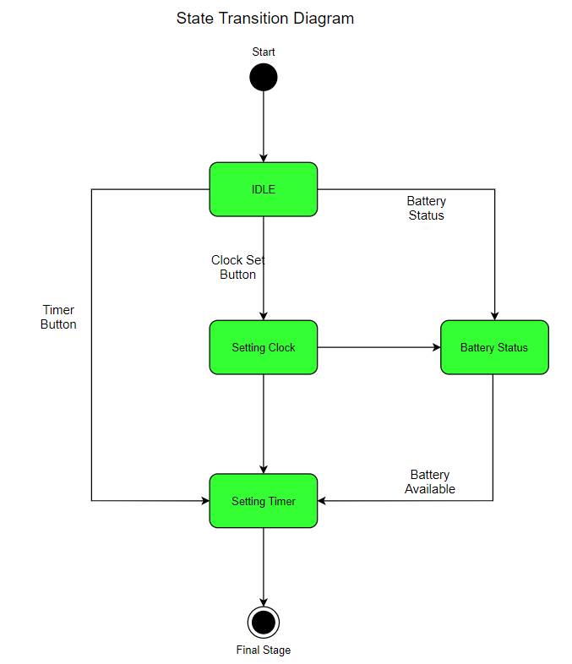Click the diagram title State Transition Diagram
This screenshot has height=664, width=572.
click(264, 19)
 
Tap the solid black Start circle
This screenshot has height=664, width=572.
click(264, 78)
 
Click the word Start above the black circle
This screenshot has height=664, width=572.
click(264, 52)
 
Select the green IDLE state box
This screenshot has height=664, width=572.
click(264, 189)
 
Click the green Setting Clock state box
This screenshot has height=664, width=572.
click(264, 347)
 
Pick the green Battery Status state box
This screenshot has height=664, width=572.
click(494, 347)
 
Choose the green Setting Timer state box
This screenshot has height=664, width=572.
click(264, 501)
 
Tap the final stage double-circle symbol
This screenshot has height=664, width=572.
click(264, 623)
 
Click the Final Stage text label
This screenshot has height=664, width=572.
click(264, 650)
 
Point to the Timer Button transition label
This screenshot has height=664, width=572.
click(58, 317)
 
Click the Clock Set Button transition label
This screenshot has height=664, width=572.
click(238, 267)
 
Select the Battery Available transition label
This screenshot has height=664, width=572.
click(430, 482)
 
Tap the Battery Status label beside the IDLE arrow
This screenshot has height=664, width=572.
click(427, 208)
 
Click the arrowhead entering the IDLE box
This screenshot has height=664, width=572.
click(264, 157)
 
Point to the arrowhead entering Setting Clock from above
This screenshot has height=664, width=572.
click(264, 315)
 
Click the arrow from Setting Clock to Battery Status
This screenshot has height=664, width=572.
click(379, 347)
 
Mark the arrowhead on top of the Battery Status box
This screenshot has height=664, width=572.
click(494, 315)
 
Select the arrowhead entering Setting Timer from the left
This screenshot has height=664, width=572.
click(204, 501)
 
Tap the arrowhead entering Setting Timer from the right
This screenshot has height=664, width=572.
click(323, 501)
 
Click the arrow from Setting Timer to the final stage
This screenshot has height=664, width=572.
click(264, 566)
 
